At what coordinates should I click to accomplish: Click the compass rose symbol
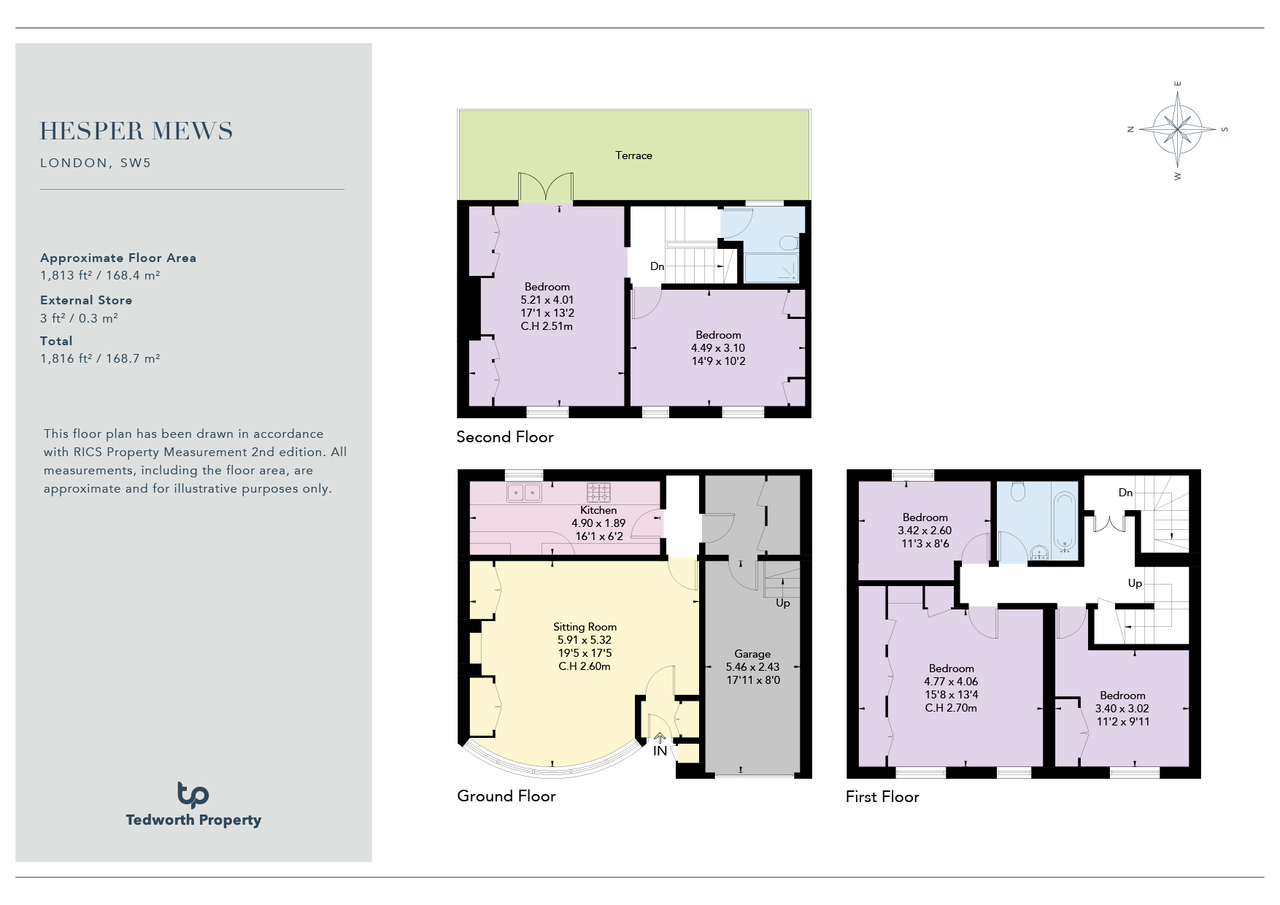[x=1178, y=129]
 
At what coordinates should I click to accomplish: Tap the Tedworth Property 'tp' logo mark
[x=193, y=795]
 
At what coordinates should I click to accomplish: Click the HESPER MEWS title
[x=136, y=131]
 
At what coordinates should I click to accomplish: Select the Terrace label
[x=633, y=155]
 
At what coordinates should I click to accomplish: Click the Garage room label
[x=752, y=654]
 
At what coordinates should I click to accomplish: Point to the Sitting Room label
[x=585, y=627]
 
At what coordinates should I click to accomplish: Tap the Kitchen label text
[x=598, y=510]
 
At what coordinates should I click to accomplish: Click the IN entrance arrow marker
[x=660, y=739]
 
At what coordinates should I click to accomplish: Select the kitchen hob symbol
[x=599, y=492]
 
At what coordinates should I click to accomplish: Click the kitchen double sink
[x=525, y=493]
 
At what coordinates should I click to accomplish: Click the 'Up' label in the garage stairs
[x=782, y=603]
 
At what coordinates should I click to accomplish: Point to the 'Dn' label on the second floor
[x=657, y=266]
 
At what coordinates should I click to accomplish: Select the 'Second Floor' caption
[x=505, y=437]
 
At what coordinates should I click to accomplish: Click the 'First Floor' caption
[x=882, y=797]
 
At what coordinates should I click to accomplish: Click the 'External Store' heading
[x=86, y=300]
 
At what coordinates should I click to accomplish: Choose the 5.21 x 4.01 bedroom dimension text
[x=547, y=300]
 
